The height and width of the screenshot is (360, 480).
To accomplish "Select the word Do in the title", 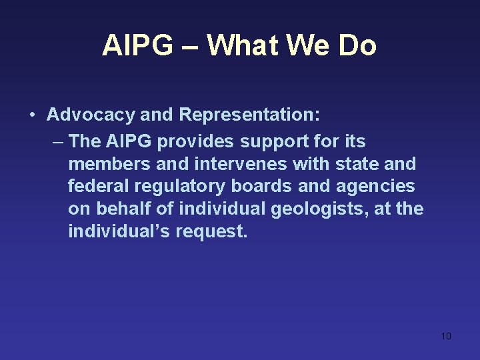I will click(357, 46).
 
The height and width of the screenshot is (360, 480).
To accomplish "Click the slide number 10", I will click(446, 336).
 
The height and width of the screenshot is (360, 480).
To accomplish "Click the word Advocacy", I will click(91, 115).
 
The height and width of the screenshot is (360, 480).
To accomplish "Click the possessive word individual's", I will click(119, 231).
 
